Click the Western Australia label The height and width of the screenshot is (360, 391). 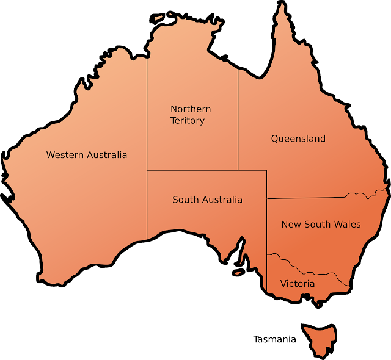87,155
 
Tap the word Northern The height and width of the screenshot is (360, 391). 191,109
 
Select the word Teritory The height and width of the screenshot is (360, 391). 188,121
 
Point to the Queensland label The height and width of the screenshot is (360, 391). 298,139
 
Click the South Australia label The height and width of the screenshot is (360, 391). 207,200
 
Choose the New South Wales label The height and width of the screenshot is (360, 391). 321,225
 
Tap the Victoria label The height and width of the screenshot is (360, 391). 298,284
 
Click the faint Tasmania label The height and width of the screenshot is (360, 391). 275,339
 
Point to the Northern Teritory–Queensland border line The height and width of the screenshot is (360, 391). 238,122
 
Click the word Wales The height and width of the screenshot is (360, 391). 348,225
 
